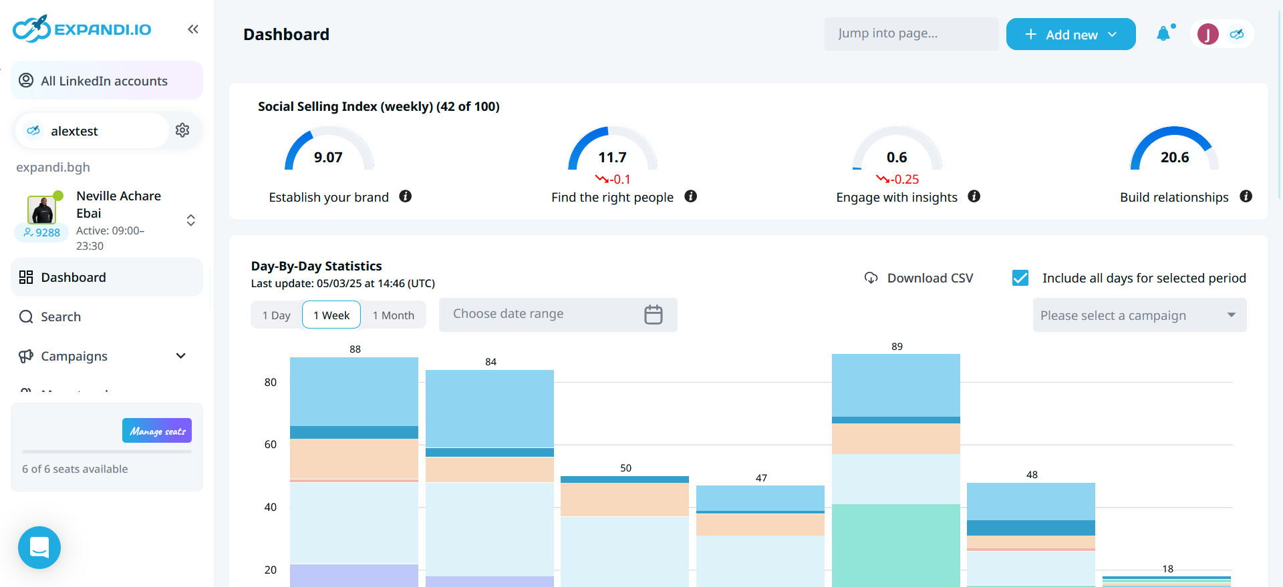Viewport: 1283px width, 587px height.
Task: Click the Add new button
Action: click(1071, 34)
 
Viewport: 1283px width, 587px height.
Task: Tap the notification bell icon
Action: click(1163, 33)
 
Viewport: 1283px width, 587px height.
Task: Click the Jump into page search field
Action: click(911, 33)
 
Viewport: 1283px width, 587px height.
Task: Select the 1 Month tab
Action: click(393, 315)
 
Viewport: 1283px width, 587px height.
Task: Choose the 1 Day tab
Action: click(276, 315)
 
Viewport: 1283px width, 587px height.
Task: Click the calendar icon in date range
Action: click(653, 315)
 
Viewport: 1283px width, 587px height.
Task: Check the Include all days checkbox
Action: click(1020, 278)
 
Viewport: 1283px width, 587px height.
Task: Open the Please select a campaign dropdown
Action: click(1139, 315)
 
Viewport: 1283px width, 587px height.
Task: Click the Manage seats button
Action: click(157, 431)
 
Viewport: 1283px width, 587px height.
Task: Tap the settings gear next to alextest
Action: click(182, 130)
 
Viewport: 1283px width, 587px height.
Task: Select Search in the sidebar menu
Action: click(60, 317)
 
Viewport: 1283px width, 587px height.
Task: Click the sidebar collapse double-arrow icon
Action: click(193, 29)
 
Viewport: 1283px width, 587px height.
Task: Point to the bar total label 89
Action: click(897, 347)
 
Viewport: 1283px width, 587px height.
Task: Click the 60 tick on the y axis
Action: click(270, 445)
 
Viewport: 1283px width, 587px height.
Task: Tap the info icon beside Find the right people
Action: click(691, 196)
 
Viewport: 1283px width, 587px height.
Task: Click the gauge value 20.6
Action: click(1174, 158)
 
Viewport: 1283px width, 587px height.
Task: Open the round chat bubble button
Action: click(39, 548)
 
